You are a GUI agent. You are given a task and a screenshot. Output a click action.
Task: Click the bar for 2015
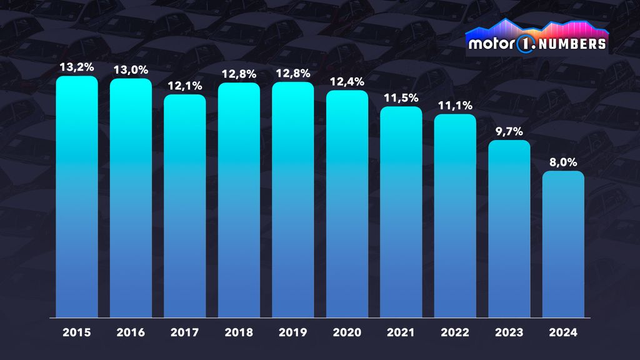77,197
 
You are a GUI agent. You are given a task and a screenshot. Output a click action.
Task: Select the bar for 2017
185,206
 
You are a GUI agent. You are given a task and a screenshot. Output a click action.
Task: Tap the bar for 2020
347,204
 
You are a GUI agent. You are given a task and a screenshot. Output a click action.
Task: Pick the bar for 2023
509,229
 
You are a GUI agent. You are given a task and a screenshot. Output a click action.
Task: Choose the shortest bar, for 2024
563,244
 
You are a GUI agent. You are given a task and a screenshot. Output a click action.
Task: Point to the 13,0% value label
131,69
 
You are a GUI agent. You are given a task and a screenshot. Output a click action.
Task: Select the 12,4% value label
347,80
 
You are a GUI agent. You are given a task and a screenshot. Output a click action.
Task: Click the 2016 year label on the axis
131,332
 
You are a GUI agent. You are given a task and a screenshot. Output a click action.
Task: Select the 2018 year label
239,332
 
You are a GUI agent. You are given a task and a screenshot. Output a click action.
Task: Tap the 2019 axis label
292,332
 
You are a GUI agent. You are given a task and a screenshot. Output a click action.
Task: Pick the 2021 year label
401,332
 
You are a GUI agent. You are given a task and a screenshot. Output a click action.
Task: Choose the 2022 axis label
455,332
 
